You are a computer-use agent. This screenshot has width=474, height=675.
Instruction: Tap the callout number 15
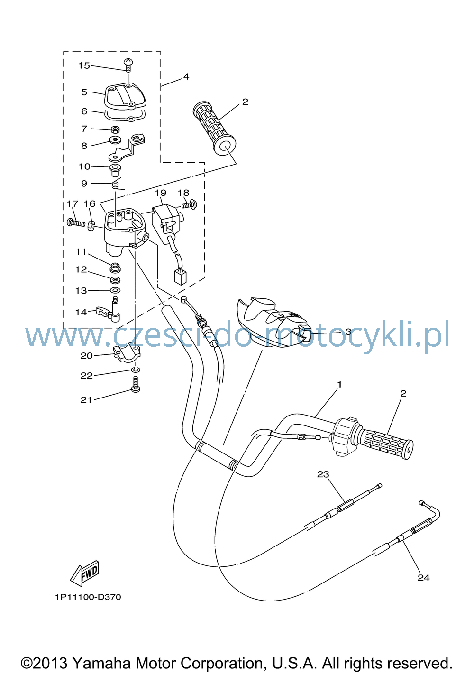click(84, 65)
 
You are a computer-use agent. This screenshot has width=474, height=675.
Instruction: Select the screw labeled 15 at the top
click(128, 65)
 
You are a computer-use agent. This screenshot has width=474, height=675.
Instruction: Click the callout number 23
click(323, 474)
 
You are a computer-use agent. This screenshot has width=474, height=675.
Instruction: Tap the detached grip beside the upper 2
click(214, 129)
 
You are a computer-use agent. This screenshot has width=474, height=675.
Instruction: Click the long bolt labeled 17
click(76, 223)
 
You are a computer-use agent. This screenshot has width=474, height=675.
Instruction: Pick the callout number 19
click(161, 193)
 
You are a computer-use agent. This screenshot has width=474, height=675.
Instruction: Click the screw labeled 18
click(190, 205)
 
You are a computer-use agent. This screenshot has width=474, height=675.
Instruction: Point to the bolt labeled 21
click(136, 384)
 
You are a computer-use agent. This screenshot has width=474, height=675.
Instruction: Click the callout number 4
click(186, 76)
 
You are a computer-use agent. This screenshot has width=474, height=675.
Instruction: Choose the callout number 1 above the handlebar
click(340, 385)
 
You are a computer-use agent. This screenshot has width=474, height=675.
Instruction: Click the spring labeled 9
click(117, 184)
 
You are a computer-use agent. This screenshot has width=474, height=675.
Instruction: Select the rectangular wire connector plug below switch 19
click(180, 277)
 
